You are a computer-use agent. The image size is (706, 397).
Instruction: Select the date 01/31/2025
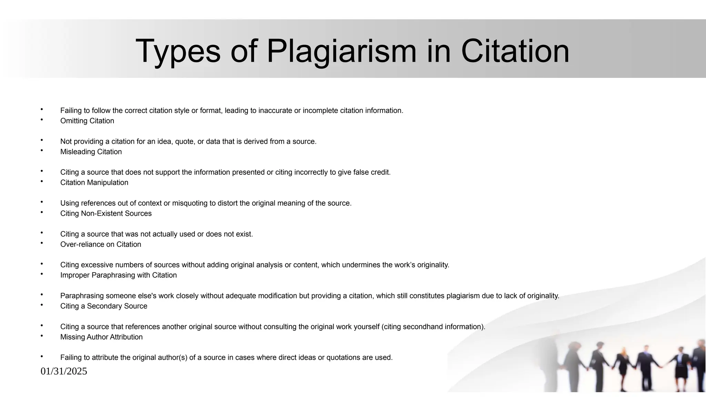coord(64,371)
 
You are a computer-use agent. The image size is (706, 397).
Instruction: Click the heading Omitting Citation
coord(87,121)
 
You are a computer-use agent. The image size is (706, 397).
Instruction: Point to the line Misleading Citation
coord(91,152)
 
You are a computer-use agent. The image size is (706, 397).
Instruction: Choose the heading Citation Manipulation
coord(94,183)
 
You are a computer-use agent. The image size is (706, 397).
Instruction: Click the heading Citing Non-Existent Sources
coord(106,214)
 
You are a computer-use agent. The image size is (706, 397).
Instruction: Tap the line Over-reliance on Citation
coord(101,244)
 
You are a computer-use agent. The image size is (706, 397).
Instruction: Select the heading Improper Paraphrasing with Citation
coord(118,275)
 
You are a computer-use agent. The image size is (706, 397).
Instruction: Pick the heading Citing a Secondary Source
coord(103,306)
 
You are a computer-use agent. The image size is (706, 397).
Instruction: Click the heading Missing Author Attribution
coord(101,337)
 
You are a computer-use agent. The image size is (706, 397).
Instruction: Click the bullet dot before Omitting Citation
coord(42,120)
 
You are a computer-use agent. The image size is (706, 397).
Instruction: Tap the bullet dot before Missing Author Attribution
coord(42,336)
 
